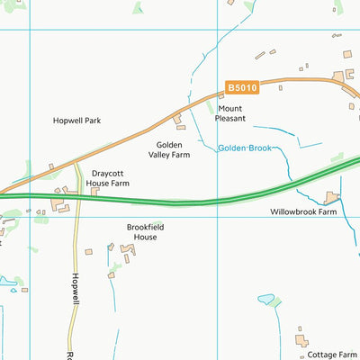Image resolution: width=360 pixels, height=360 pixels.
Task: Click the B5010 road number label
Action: pyautogui.click(x=240, y=88)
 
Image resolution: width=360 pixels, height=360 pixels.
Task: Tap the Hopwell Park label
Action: pyautogui.click(x=76, y=120)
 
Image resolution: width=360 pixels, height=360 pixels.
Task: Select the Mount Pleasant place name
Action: pyautogui.click(x=229, y=113)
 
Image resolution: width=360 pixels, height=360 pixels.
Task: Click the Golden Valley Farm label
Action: pyautogui.click(x=174, y=149)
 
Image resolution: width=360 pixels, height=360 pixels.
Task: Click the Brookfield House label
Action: pyautogui.click(x=145, y=232)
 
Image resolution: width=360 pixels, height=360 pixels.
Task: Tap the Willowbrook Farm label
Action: pyautogui.click(x=303, y=213)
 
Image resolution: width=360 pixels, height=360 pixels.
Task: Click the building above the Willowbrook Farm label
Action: pyautogui.click(x=332, y=196)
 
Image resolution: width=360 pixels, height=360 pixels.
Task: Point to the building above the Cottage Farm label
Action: pyautogui.click(x=302, y=341)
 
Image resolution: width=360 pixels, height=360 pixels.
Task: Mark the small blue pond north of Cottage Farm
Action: pyautogui.click(x=267, y=299)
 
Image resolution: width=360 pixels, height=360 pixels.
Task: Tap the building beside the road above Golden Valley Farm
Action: pyautogui.click(x=178, y=117)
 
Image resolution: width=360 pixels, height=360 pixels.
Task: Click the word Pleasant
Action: pyautogui.click(x=229, y=119)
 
